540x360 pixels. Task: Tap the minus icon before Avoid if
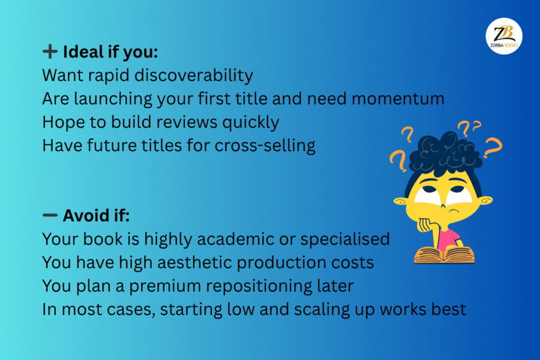pyautogui.click(x=50, y=215)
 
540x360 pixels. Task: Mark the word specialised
pyautogui.click(x=345, y=239)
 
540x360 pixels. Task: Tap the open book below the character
pyautogui.click(x=443, y=255)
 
